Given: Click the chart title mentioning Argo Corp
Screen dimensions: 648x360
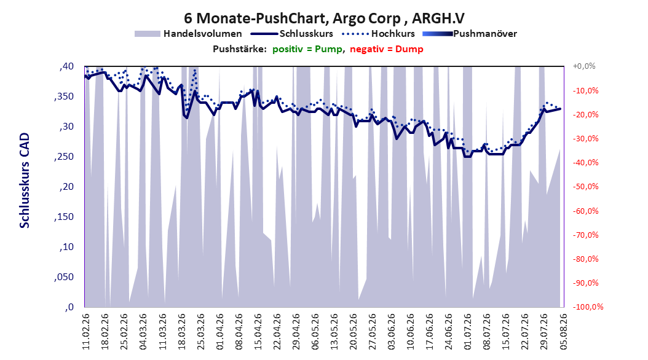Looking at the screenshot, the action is [x=324, y=18].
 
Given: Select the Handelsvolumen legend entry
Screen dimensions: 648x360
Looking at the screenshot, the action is [x=188, y=34].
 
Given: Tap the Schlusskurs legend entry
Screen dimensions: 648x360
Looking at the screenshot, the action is [x=292, y=34].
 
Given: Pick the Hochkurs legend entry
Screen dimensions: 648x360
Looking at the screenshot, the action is [x=378, y=34].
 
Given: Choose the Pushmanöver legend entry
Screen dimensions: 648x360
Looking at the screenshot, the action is [x=470, y=34].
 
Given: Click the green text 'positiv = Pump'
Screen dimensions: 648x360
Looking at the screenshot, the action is [x=307, y=49].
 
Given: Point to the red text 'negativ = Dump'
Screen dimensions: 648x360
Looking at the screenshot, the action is [x=387, y=49].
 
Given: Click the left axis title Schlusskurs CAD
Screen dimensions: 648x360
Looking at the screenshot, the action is [x=25, y=181].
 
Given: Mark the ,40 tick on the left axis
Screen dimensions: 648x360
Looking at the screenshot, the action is [x=66, y=66].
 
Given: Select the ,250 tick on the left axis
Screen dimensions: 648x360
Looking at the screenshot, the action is [x=64, y=157].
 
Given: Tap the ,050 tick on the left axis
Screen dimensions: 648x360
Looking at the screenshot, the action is [x=64, y=277].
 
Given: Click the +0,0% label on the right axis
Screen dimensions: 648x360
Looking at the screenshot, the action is [x=584, y=66].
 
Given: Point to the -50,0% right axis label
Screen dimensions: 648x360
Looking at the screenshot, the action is [x=585, y=187].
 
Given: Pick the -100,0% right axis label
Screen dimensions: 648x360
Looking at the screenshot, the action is [x=588, y=307].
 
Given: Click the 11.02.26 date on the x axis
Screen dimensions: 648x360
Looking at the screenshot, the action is [x=86, y=332].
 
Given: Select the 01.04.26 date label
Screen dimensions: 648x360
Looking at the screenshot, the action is [x=220, y=332].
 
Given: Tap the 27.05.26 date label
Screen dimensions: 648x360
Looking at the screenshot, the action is [x=373, y=332].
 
